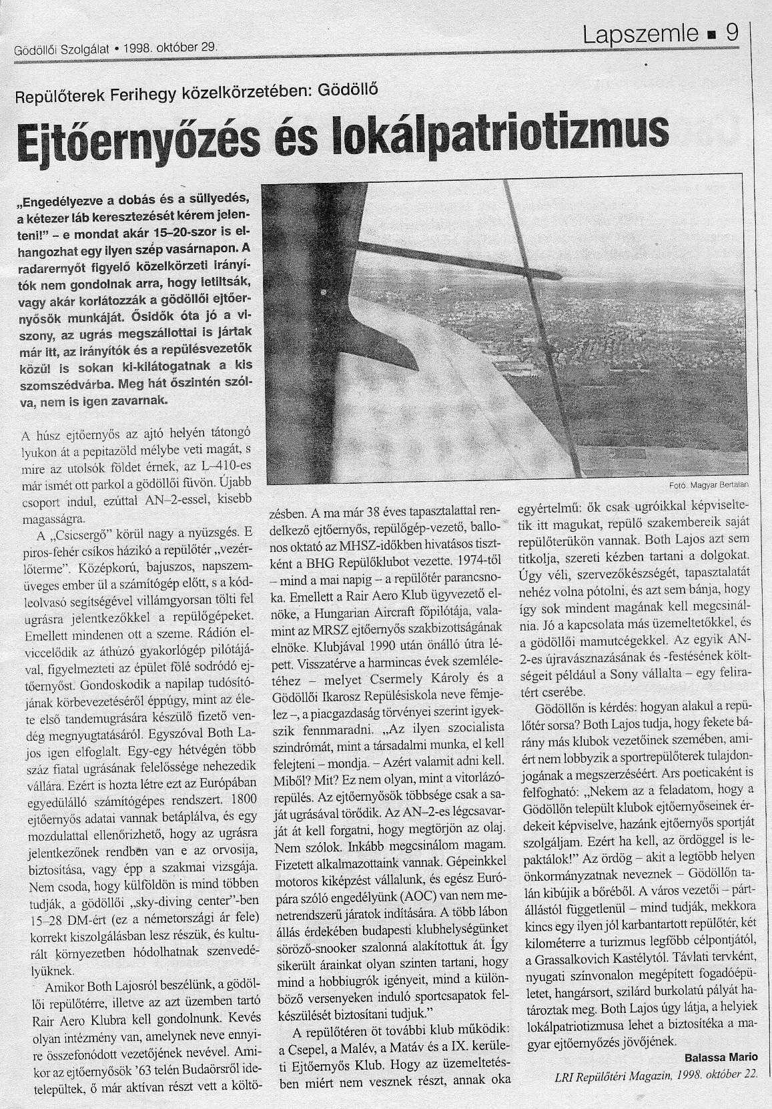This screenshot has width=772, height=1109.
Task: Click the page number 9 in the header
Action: (x=732, y=33)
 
